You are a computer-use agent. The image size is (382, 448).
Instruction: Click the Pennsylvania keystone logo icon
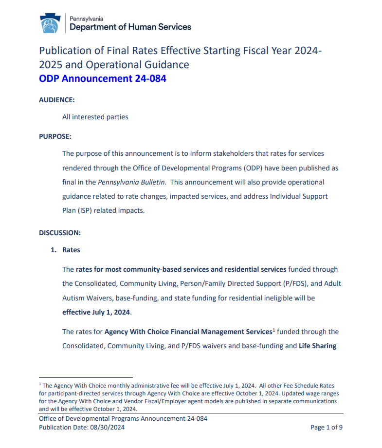pos(49,23)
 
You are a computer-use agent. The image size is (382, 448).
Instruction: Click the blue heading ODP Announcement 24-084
pos(102,78)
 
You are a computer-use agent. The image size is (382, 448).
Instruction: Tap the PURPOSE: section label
pos(55,136)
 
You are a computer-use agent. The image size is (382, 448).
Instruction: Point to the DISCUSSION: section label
pos(59,233)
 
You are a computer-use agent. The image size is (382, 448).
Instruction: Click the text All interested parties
pos(95,117)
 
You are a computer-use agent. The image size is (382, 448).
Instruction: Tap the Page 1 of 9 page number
pos(327,428)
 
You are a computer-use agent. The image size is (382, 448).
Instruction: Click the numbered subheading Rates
pos(71,250)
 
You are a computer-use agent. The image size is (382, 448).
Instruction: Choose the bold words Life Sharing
pos(317,346)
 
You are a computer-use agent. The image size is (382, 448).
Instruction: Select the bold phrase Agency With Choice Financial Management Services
pos(188,332)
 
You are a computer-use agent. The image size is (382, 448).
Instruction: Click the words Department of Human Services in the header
pos(130,27)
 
